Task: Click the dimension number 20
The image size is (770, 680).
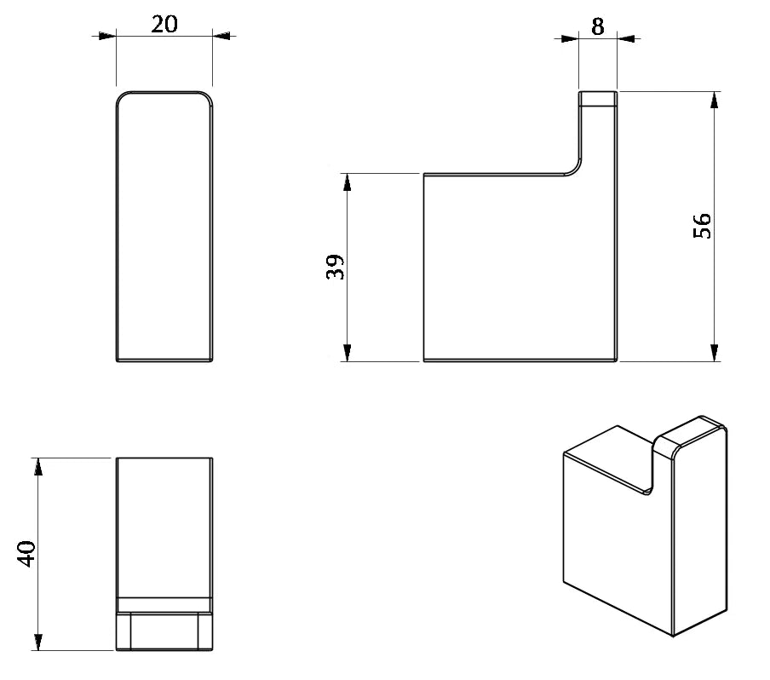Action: pyautogui.click(x=164, y=24)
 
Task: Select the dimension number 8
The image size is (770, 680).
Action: pyautogui.click(x=598, y=26)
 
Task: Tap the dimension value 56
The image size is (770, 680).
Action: pyautogui.click(x=702, y=226)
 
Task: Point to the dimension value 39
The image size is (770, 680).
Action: pyautogui.click(x=335, y=267)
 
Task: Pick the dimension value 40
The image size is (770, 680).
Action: pyautogui.click(x=26, y=554)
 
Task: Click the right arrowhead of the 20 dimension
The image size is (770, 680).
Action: pyautogui.click(x=221, y=36)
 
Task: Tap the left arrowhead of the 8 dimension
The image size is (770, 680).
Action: pyautogui.click(x=570, y=38)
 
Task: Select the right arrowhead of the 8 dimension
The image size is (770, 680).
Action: pyautogui.click(x=626, y=38)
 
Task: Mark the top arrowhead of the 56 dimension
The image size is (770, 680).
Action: pyautogui.click(x=715, y=101)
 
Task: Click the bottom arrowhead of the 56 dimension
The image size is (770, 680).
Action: pyautogui.click(x=715, y=353)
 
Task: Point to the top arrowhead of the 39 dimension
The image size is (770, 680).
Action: pyautogui.click(x=348, y=182)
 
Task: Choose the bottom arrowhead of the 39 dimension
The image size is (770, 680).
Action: pyautogui.click(x=348, y=353)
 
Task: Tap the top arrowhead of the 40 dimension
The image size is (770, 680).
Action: pyautogui.click(x=38, y=467)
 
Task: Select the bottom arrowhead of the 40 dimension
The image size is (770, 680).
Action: pyautogui.click(x=38, y=642)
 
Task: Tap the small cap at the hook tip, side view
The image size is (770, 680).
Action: pyautogui.click(x=598, y=99)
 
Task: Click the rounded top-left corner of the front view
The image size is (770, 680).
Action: pyautogui.click(x=124, y=97)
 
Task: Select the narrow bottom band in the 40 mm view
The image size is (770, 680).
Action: pyautogui.click(x=164, y=631)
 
